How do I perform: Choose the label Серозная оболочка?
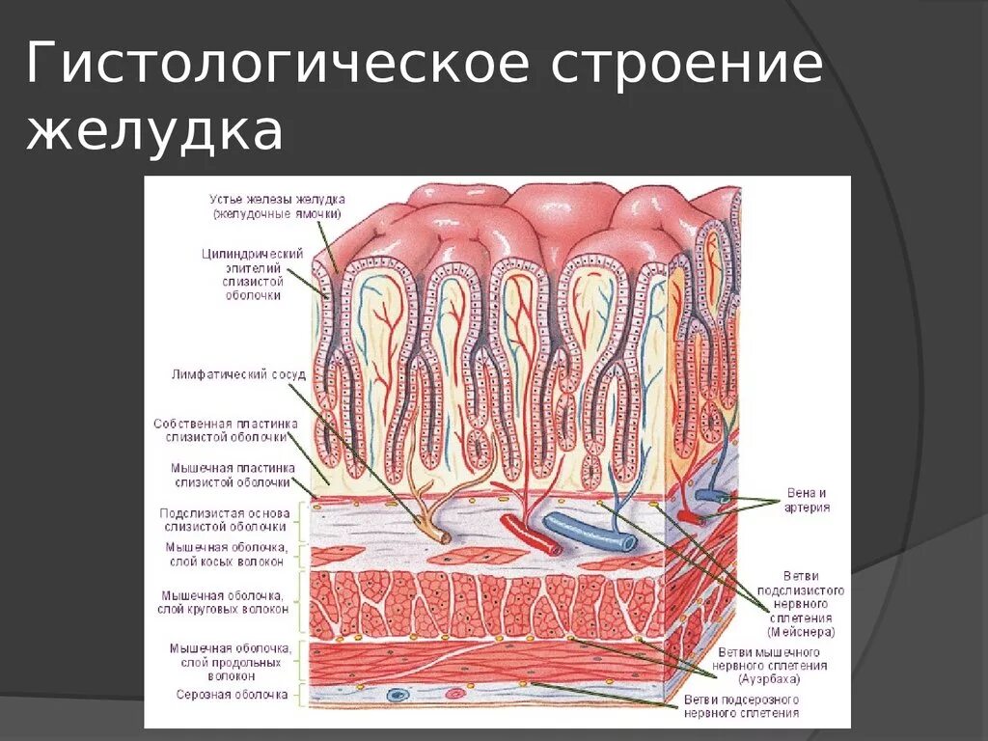coord(232,694)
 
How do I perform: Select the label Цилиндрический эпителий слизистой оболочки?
coord(252,274)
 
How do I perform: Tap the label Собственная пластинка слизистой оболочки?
coord(225,430)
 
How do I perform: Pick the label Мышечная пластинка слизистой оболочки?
coord(232,475)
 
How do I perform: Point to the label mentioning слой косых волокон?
coord(225,554)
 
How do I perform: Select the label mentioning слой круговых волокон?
coord(225,602)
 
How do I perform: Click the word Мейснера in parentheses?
coord(802,632)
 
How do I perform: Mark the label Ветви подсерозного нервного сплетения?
coord(741,706)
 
